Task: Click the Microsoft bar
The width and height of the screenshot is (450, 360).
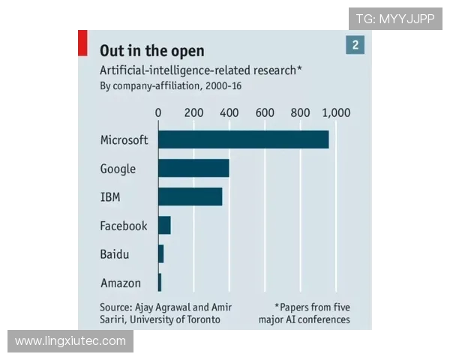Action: tap(243, 139)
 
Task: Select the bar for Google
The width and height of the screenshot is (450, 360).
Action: tap(193, 168)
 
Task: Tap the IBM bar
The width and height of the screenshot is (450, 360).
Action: tap(190, 196)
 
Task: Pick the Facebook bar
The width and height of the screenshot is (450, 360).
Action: tap(164, 225)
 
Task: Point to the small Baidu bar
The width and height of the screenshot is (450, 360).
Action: tap(160, 254)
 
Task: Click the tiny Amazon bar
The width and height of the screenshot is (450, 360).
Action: tap(160, 282)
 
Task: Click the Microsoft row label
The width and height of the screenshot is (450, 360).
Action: tap(124, 139)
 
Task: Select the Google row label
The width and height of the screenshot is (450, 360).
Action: tap(118, 169)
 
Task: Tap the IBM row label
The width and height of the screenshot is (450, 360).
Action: tap(110, 197)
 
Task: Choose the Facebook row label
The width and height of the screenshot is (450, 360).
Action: tap(124, 226)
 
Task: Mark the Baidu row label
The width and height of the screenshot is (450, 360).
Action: tap(114, 254)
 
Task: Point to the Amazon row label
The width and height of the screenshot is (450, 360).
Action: tap(120, 283)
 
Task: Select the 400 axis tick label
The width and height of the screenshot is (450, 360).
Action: tap(229, 112)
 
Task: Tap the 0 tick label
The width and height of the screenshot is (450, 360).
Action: tap(158, 112)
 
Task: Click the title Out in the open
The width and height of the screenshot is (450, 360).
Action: tap(151, 51)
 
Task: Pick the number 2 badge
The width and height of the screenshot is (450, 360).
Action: tap(355, 46)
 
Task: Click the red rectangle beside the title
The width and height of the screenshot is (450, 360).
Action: tap(83, 43)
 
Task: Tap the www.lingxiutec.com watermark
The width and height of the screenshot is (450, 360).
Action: tap(70, 342)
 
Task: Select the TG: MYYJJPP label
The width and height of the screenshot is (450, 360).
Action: tap(395, 19)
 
